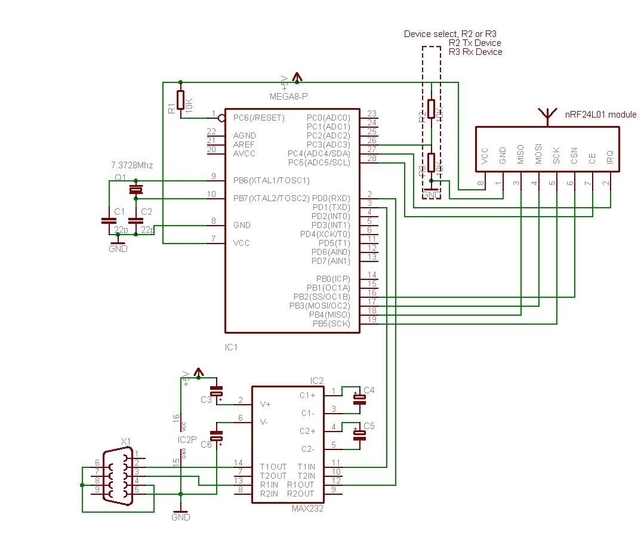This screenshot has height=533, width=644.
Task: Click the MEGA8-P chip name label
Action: coord(288,96)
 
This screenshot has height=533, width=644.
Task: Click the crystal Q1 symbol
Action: coord(136,190)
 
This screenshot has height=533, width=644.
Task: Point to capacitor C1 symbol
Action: coord(109,220)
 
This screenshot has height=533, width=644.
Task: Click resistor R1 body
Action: coord(180,100)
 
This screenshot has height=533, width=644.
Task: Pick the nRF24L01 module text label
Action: coord(600,115)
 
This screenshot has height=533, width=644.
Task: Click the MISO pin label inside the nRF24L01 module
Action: coord(520,155)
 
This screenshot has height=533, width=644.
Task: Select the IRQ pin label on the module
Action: coord(609,157)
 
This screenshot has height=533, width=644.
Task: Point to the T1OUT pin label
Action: coord(273,467)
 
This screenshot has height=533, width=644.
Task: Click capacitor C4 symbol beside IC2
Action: coord(359,399)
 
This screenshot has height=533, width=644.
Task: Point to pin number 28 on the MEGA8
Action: coord(371,158)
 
